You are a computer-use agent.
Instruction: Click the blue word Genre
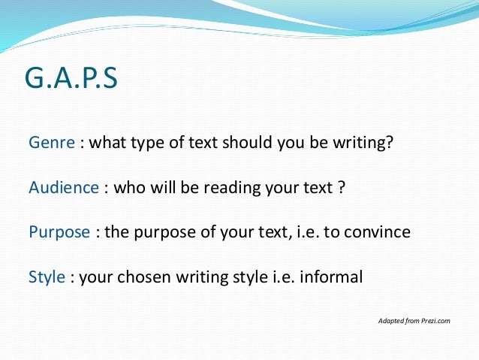(x=52, y=143)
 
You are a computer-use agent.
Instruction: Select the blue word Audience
(x=63, y=187)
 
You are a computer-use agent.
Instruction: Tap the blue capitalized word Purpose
(x=60, y=231)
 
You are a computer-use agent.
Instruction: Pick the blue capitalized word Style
(x=47, y=277)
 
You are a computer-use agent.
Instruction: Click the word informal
(x=331, y=277)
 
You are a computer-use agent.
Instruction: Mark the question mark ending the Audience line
(x=341, y=187)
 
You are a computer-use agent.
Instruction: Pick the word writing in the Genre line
(x=363, y=143)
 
